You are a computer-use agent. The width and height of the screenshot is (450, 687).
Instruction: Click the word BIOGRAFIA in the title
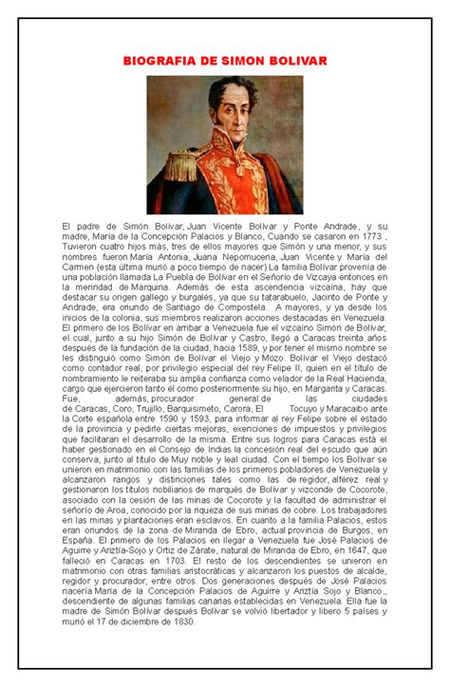click(158, 62)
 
